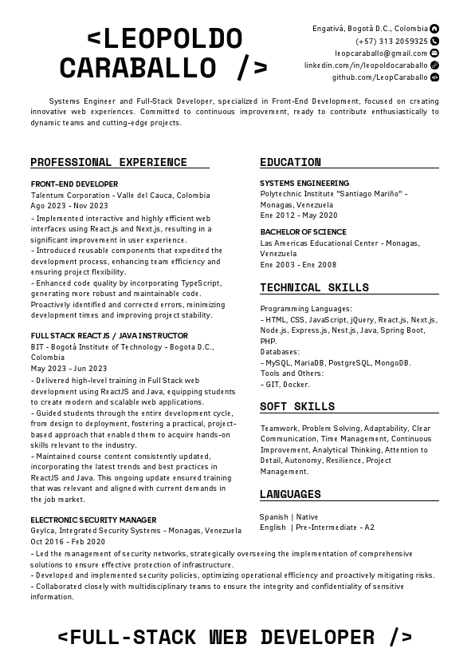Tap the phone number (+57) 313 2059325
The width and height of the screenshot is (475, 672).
pos(391,41)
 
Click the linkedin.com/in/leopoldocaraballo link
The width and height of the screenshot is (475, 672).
pos(366,65)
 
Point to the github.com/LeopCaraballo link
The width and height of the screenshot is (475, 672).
pos(379,77)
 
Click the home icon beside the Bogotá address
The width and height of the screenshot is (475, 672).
pos(434,29)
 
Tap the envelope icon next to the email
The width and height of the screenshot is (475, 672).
pos(434,53)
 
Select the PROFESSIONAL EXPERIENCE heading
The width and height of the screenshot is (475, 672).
pos(108,163)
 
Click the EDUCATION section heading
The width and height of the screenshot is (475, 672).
pos(290,163)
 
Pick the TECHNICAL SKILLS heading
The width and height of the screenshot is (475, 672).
pos(314,288)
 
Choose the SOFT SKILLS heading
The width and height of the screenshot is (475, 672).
pos(297,407)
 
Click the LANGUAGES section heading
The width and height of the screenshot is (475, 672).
pos(290,495)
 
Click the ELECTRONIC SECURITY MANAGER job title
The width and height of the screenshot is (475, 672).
pos(93,520)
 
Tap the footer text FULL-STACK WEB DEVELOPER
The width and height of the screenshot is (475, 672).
pos(237,637)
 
